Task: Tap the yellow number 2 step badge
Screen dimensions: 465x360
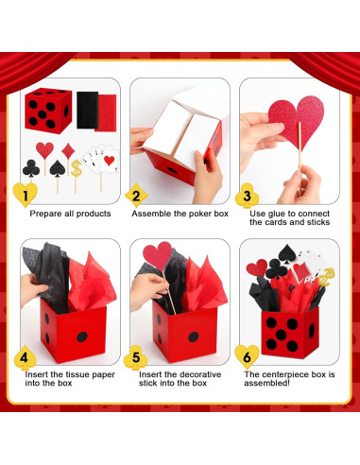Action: click(x=136, y=197)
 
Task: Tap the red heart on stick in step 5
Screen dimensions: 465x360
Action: click(x=157, y=254)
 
